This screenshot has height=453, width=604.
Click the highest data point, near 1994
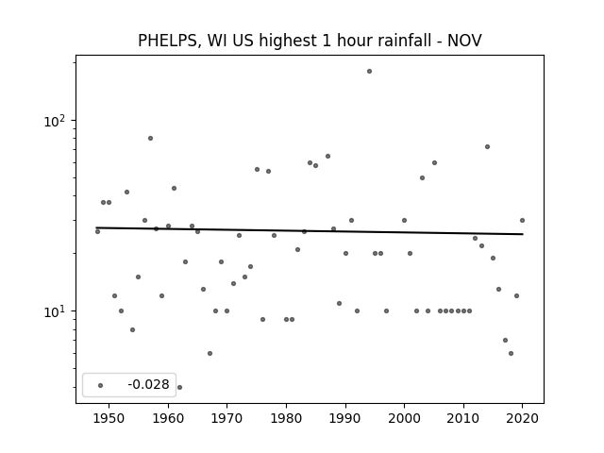click(x=369, y=72)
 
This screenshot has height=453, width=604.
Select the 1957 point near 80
click(x=151, y=139)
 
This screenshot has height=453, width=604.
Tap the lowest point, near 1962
click(x=179, y=387)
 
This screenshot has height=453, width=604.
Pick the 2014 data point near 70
click(x=487, y=147)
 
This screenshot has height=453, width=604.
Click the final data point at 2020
click(x=522, y=220)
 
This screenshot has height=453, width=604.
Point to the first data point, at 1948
click(x=97, y=231)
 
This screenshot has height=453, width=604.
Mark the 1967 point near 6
click(x=210, y=353)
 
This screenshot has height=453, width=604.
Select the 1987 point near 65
click(x=327, y=156)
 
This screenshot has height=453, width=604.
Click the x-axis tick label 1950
click(x=109, y=418)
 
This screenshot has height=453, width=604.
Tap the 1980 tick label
click(x=286, y=418)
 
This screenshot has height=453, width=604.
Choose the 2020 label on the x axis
click(x=522, y=418)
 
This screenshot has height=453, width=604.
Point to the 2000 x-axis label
click(x=404, y=418)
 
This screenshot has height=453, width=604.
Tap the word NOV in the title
click(x=464, y=40)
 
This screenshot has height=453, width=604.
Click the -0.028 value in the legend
click(x=148, y=384)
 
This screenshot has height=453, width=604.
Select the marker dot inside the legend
click(x=101, y=385)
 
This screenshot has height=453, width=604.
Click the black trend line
click(x=310, y=230)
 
